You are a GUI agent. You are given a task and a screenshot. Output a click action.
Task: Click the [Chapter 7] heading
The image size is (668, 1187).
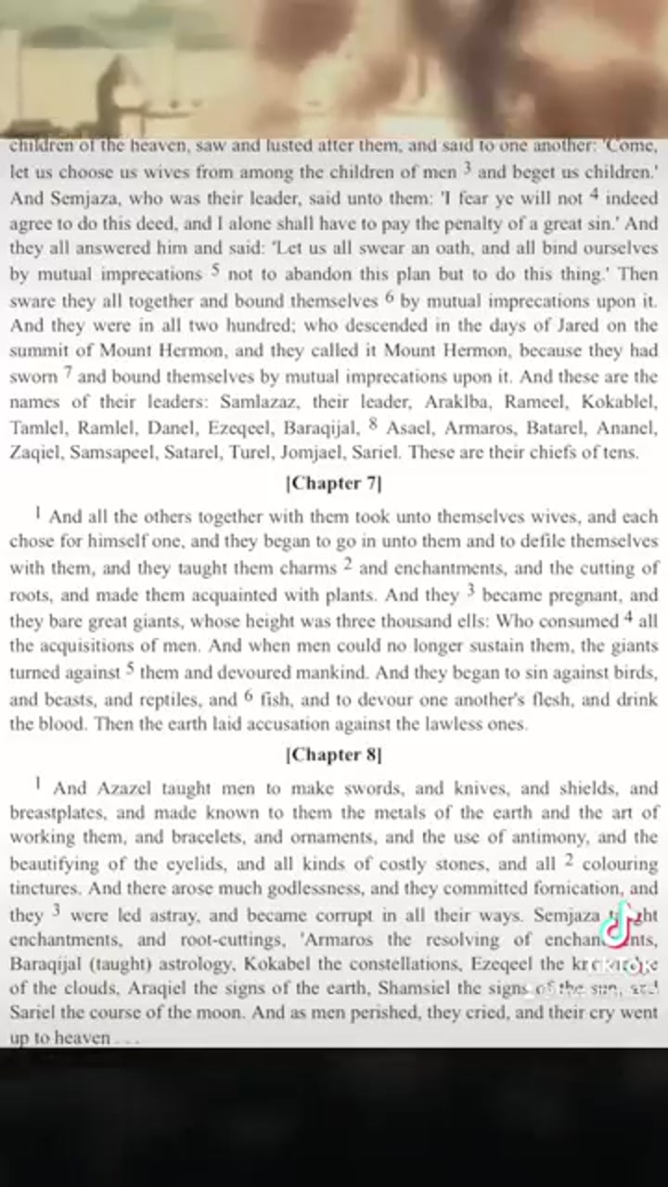[334, 483]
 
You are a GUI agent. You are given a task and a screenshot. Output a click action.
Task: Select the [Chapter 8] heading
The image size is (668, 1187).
[334, 755]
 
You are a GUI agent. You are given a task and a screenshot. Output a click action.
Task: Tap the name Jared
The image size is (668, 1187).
[555, 325]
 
